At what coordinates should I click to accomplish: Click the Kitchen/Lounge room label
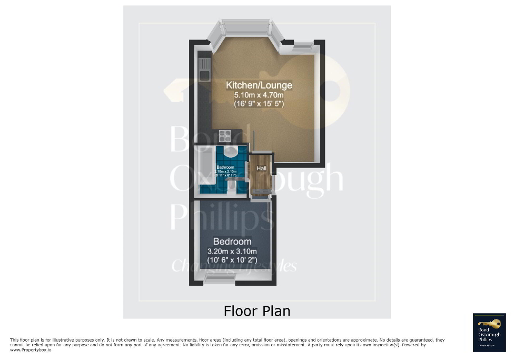pyautogui.click(x=259, y=85)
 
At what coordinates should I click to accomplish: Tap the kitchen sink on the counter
pyautogui.click(x=204, y=69)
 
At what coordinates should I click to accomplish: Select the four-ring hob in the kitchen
pyautogui.click(x=226, y=135)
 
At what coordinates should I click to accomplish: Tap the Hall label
pyautogui.click(x=261, y=169)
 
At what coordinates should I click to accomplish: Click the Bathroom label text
pyautogui.click(x=225, y=167)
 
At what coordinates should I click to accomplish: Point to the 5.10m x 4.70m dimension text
pyautogui.click(x=259, y=95)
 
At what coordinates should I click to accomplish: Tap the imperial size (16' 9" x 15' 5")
pyautogui.click(x=259, y=104)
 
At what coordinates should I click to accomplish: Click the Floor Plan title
pyautogui.click(x=257, y=310)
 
